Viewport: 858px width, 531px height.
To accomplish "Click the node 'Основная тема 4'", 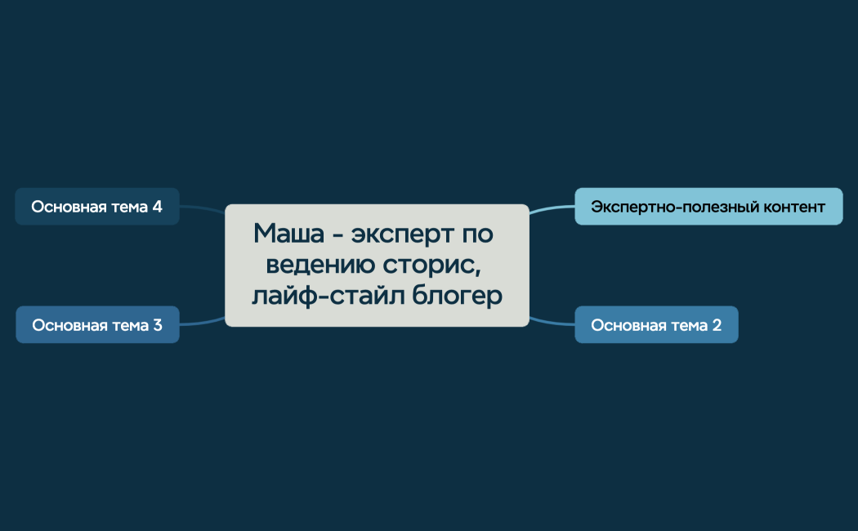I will pyautogui.click(x=96, y=207).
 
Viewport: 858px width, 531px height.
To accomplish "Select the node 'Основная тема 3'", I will pyautogui.click(x=96, y=325).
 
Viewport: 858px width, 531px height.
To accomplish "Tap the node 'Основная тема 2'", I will pyautogui.click(x=656, y=325).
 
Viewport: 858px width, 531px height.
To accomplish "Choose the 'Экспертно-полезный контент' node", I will pyautogui.click(x=708, y=207).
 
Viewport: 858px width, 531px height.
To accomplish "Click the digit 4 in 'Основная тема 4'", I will pyautogui.click(x=157, y=207).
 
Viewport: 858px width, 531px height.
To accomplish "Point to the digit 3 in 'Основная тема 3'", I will pyautogui.click(x=157, y=325).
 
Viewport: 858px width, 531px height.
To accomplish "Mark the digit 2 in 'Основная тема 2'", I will pyautogui.click(x=717, y=325).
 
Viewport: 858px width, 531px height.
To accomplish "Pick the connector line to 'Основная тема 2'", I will pyautogui.click(x=552, y=321).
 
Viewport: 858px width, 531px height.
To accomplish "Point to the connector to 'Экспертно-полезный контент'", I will pyautogui.click(x=552, y=209).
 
